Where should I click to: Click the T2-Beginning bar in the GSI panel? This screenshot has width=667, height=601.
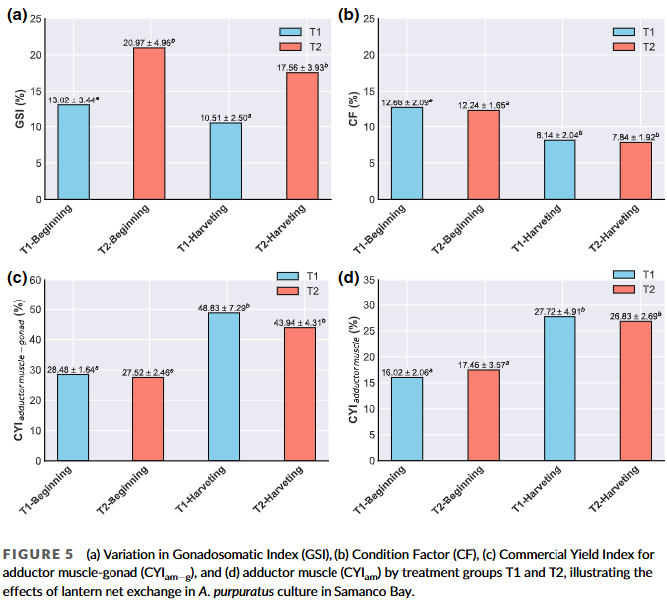149,123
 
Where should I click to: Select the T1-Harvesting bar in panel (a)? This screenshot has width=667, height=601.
225,161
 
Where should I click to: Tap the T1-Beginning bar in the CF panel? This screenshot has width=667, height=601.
407,153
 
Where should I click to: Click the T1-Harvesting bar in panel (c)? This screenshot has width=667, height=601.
225,387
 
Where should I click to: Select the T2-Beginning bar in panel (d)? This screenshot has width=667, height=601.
484,415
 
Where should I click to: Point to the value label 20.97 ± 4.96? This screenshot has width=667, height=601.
149,41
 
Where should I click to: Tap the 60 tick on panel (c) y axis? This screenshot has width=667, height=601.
34,280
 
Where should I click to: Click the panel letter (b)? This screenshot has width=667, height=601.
348,14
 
